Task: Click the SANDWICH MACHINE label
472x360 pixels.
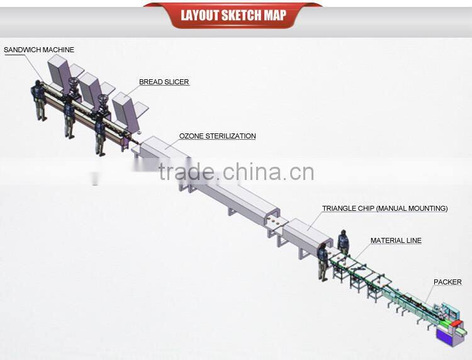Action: pyautogui.click(x=39, y=50)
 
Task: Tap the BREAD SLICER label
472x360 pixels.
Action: pyautogui.click(x=164, y=82)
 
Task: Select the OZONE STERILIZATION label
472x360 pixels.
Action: pyautogui.click(x=217, y=136)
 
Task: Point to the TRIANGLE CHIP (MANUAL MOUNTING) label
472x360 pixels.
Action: pyautogui.click(x=385, y=208)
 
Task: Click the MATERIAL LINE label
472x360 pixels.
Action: pyautogui.click(x=396, y=240)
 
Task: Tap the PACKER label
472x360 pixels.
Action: pyautogui.click(x=447, y=282)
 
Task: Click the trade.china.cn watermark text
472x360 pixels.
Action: pyautogui.click(x=236, y=171)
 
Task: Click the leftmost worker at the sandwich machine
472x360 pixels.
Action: pyautogui.click(x=40, y=100)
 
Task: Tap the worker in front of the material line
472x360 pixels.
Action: pyautogui.click(x=323, y=261)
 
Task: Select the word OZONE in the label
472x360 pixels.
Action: pyautogui.click(x=191, y=136)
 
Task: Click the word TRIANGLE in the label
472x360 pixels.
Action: pyautogui.click(x=340, y=208)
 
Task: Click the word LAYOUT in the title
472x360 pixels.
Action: pyautogui.click(x=199, y=15)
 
